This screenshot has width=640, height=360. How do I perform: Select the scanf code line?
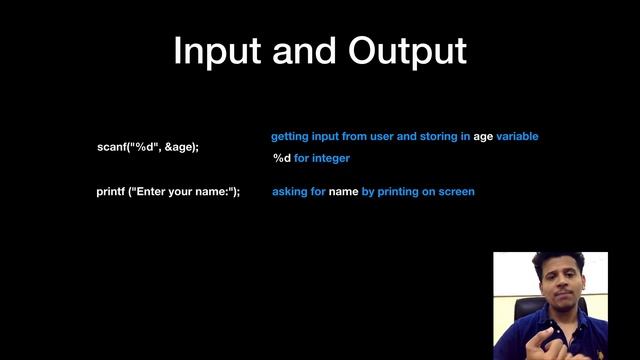click(147, 147)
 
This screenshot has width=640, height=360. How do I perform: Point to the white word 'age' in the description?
click(484, 136)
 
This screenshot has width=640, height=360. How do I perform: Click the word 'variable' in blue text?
click(518, 136)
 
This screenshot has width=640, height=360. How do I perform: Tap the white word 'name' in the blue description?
click(343, 191)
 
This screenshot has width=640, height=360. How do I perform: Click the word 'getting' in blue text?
click(290, 136)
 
